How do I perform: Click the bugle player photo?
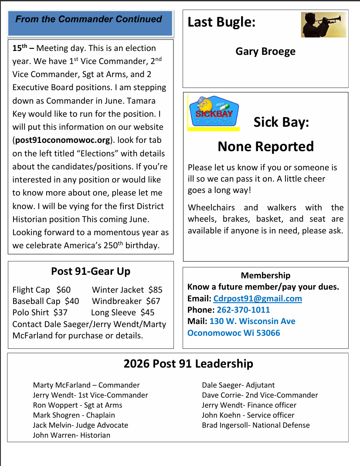323,24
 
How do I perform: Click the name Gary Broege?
265,51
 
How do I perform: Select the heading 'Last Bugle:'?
221,22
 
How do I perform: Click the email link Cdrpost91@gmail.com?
258,298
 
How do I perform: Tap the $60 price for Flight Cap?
64,290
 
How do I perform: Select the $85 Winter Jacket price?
155,290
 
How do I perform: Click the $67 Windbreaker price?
153,301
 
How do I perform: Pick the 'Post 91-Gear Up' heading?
91,271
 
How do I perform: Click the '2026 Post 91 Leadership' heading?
188,364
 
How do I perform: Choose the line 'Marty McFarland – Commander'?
86,385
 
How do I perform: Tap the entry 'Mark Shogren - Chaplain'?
74,415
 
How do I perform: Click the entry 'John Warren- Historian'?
71,435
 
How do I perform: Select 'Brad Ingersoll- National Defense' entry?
255,425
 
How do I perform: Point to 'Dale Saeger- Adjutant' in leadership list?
238,385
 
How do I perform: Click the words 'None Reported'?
265,146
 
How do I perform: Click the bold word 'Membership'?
265,275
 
